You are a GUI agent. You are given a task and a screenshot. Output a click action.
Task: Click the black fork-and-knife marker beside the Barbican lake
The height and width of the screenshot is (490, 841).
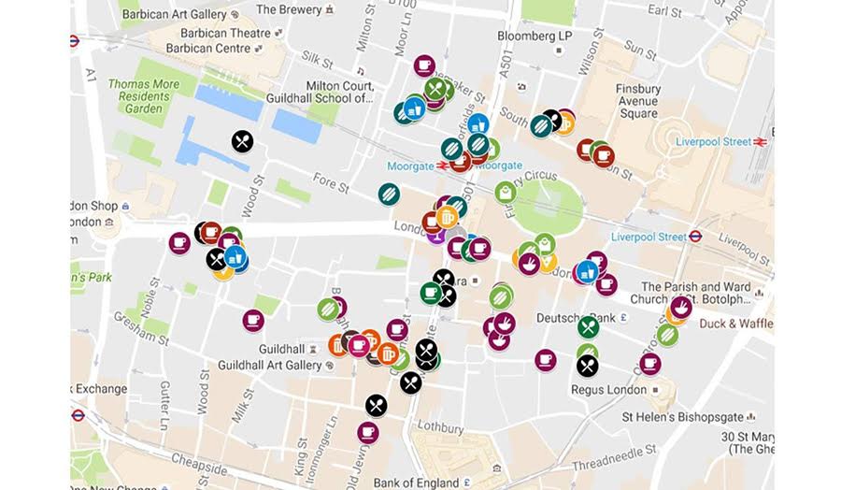pyautogui.click(x=242, y=141)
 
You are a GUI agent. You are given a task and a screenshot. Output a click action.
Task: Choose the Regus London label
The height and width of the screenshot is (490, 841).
pyautogui.click(x=613, y=389)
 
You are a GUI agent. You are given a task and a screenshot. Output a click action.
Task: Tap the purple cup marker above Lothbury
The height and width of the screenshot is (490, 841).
pyautogui.click(x=368, y=432)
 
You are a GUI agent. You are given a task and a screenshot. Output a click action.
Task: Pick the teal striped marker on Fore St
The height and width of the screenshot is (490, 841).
pyautogui.click(x=389, y=194)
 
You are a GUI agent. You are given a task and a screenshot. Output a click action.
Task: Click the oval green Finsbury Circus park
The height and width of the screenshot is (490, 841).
pyautogui.click(x=548, y=207)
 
